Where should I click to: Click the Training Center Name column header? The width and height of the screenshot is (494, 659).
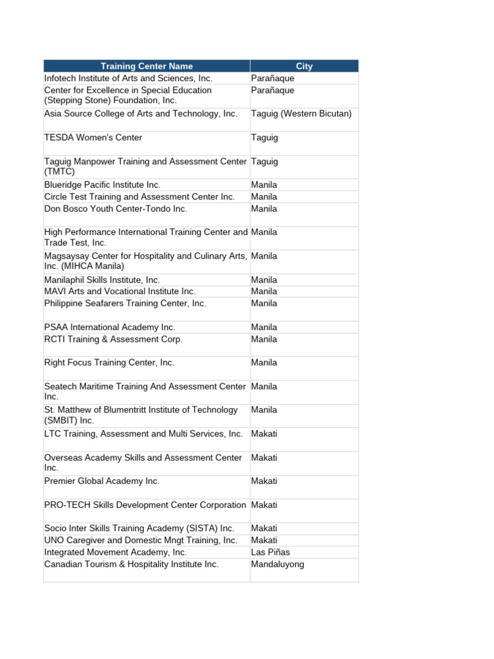[147, 66]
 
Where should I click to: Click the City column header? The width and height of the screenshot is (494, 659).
[304, 66]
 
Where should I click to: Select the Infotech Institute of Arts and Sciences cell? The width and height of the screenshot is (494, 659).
[128, 78]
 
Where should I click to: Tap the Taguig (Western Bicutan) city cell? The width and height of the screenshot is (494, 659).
[301, 114]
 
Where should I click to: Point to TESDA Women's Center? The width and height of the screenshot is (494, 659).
[93, 138]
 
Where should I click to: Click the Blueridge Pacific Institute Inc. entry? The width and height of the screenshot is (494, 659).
[102, 185]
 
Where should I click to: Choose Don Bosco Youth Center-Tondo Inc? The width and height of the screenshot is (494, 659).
[116, 209]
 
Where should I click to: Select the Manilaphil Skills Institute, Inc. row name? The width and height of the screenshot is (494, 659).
[102, 280]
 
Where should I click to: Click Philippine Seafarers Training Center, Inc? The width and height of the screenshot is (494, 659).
[125, 303]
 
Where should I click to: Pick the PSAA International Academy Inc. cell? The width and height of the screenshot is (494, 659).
[109, 327]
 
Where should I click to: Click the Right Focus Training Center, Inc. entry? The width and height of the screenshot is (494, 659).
[109, 363]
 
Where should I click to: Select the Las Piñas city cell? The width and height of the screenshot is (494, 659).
[270, 552]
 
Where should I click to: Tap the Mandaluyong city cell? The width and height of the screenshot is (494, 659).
[277, 564]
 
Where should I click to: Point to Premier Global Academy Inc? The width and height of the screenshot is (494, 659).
[102, 481]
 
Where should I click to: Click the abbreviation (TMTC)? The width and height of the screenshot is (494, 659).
[60, 172]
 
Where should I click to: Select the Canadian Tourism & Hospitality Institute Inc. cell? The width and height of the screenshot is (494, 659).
[131, 564]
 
